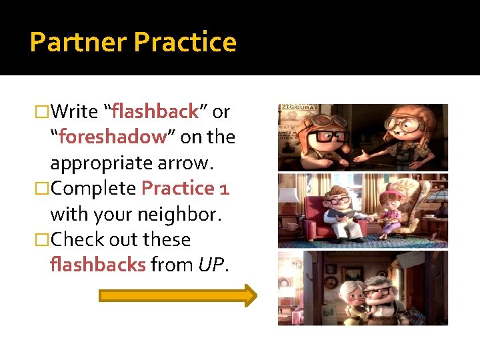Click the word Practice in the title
[185, 42]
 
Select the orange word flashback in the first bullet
[156, 111]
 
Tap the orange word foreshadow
[112, 137]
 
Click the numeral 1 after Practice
[223, 189]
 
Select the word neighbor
[187, 215]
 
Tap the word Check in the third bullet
[79, 240]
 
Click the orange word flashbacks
[97, 265]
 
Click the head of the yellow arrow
[249, 295]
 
